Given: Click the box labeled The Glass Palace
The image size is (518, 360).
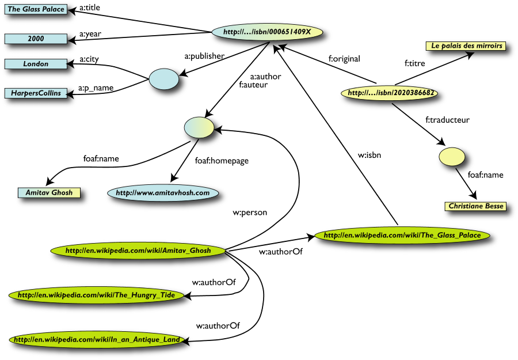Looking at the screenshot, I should (36, 9).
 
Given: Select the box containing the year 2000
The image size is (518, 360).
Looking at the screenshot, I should (36, 39).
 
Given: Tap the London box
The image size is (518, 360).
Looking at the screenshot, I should (36, 64).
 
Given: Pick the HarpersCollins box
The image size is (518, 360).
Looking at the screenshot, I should (36, 93).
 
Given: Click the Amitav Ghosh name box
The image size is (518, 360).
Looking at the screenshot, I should (49, 192).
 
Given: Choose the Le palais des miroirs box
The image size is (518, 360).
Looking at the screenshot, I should (466, 46).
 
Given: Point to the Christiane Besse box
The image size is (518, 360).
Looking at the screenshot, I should (475, 206).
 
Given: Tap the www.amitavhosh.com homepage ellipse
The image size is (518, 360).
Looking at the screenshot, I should (163, 193).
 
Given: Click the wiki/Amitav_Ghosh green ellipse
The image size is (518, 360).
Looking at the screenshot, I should (138, 251).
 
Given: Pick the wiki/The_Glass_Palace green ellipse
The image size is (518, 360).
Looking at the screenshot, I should (402, 235).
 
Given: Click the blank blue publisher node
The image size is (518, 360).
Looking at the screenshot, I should (164, 79).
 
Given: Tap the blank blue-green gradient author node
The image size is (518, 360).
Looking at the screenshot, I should (199, 128).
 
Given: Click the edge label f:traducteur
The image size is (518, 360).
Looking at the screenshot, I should (447, 120).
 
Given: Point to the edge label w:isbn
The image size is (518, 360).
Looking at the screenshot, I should (368, 154).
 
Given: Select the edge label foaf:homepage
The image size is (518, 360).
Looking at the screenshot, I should (221, 161).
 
